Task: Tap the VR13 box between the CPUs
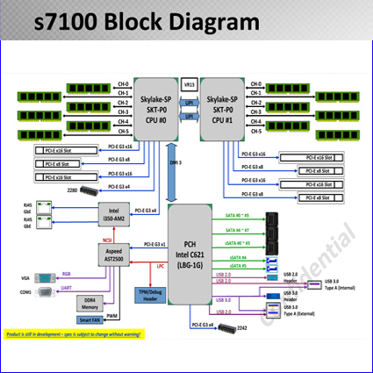pyautogui.click(x=189, y=85)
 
